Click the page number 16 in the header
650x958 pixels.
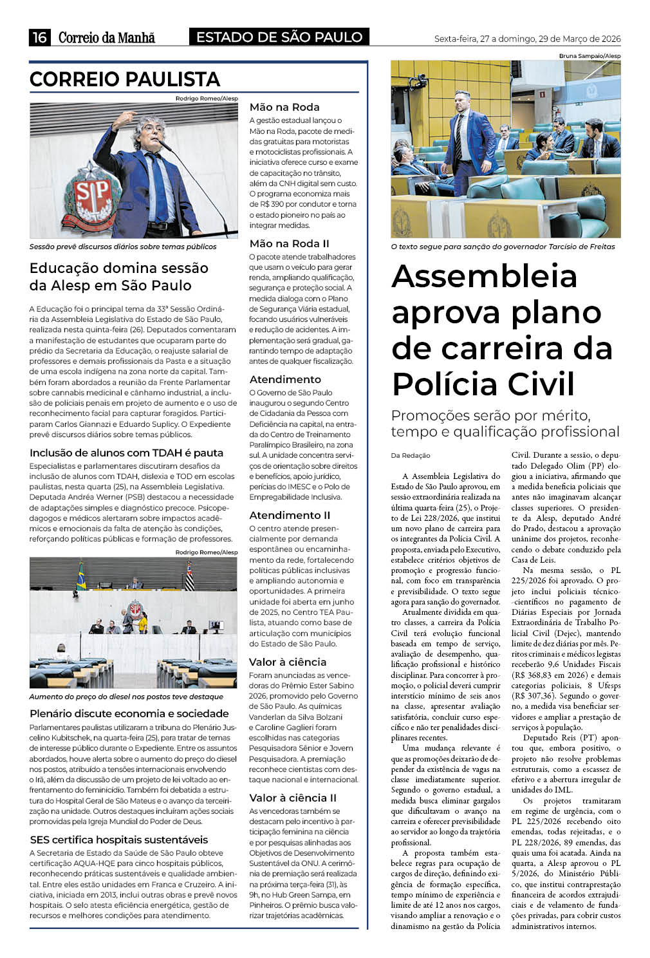[39, 37]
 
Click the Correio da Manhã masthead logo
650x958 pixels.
[107, 37]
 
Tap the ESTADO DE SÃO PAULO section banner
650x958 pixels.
[279, 37]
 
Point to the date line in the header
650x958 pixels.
[527, 39]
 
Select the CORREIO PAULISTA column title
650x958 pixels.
[125, 79]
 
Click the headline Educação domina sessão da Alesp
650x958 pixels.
[119, 276]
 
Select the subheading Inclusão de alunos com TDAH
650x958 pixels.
[126, 453]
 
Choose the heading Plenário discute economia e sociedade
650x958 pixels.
[129, 713]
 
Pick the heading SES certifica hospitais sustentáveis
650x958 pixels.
[119, 840]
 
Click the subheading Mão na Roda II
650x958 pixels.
[289, 243]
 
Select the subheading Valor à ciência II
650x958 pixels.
[293, 798]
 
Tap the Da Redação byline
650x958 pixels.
[411, 455]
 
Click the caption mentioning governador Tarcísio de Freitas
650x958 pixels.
[503, 247]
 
